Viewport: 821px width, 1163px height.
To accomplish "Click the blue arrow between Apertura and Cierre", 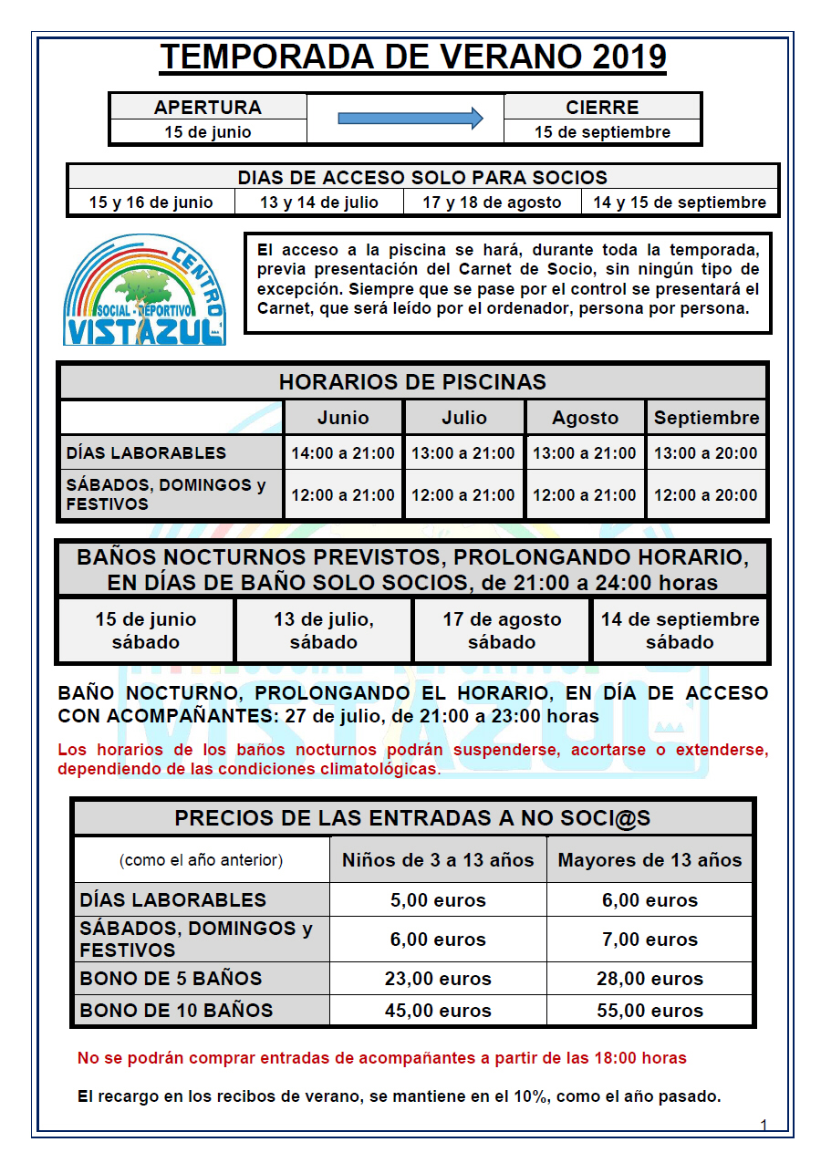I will [410, 118].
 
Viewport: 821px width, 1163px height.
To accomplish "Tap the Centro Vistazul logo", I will [145, 290].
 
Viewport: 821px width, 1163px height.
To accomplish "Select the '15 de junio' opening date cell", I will [208, 132].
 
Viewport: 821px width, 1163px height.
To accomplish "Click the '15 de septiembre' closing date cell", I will [602, 132].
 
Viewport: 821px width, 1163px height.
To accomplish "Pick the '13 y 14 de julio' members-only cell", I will [319, 202].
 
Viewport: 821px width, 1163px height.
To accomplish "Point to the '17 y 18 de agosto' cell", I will [492, 202].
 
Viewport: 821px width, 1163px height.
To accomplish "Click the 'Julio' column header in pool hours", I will [464, 418].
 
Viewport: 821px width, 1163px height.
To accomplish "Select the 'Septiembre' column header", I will [706, 418].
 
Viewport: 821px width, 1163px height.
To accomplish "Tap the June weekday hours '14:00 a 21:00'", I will [343, 453].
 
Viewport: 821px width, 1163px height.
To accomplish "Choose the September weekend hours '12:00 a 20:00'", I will [706, 495].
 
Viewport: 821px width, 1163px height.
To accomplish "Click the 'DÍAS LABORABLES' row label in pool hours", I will [146, 453].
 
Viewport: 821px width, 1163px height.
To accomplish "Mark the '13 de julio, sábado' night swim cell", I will [324, 630].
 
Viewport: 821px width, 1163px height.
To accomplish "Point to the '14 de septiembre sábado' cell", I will [680, 630].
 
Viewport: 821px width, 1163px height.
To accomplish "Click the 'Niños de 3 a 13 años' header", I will [438, 860].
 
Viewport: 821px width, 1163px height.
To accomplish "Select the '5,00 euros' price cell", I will [438, 900].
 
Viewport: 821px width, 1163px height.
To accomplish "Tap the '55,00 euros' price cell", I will [650, 1011].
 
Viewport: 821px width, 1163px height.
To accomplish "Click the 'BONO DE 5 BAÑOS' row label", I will [171, 979].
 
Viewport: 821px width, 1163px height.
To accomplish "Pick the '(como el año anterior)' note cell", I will [201, 860].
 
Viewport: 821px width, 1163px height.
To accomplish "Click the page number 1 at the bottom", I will [764, 1126].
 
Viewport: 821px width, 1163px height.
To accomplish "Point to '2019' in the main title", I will [629, 57].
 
